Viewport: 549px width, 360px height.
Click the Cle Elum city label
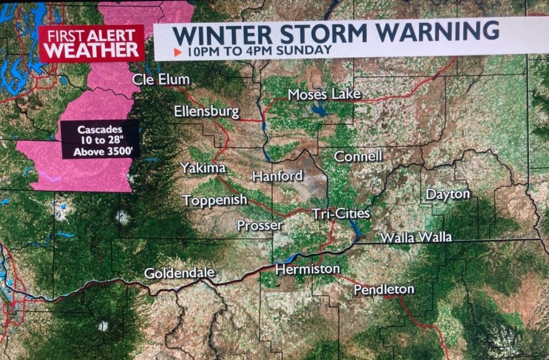coord(161,79)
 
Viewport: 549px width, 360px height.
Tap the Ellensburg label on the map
coord(206,112)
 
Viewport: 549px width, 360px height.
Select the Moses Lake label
coord(325,94)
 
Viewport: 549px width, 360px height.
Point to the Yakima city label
coord(203,167)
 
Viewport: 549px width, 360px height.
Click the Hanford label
coord(277,176)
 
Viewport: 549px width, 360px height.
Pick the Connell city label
coord(358,156)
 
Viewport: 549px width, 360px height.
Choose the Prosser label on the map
coord(260,226)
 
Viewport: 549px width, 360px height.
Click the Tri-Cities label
coord(341,213)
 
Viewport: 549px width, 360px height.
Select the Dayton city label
coord(448,194)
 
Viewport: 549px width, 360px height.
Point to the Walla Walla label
coord(416,238)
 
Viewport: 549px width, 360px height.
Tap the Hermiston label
coord(307,269)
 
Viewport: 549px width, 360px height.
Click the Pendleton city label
coord(384,289)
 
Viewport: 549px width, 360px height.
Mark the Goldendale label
coord(179,273)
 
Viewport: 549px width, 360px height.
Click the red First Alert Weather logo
coord(92,43)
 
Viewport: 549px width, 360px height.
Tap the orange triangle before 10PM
coord(178,52)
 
